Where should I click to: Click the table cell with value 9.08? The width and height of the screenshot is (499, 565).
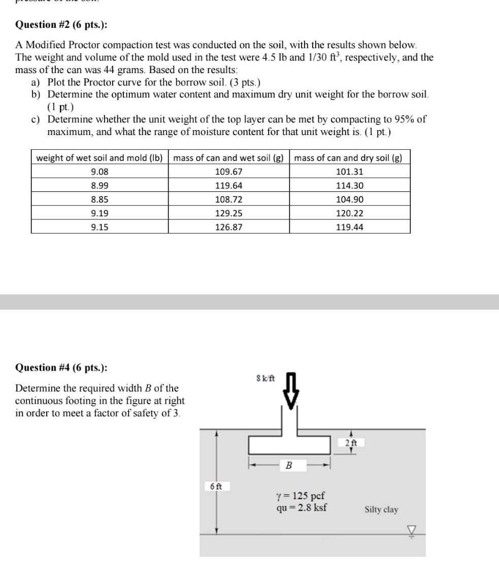[x=99, y=172]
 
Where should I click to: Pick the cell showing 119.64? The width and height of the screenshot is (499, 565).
[x=228, y=186]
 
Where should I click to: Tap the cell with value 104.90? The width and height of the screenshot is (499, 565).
[x=350, y=200]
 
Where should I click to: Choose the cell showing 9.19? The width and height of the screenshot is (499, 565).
[x=99, y=213]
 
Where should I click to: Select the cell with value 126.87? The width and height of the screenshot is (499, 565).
[x=228, y=227]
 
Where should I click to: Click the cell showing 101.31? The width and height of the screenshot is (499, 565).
[x=350, y=172]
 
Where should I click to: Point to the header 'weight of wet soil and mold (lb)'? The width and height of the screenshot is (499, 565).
[x=99, y=158]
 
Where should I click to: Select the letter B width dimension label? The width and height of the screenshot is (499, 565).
[x=289, y=465]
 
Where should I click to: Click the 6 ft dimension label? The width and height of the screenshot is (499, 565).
[x=216, y=486]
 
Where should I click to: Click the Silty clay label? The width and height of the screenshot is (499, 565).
[x=381, y=510]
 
